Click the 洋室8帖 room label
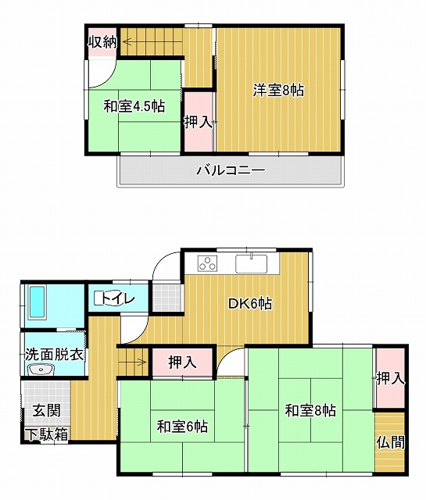tap(278, 91)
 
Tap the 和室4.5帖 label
tap(134, 106)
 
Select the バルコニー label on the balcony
tap(231, 170)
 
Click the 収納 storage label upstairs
tap(102, 42)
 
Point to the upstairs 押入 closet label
tap(199, 122)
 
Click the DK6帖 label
tap(250, 303)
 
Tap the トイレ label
tap(118, 298)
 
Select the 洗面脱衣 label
tap(54, 355)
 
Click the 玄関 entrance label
tap(47, 410)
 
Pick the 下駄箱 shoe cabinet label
tap(47, 434)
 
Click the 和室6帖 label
tap(182, 427)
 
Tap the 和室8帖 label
tap(310, 410)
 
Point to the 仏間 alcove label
tap(391, 442)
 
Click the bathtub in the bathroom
tap(37, 302)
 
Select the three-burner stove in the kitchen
tap(207, 264)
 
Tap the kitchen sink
tap(252, 264)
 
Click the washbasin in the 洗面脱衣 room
tap(41, 370)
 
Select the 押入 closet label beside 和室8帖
tap(391, 378)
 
